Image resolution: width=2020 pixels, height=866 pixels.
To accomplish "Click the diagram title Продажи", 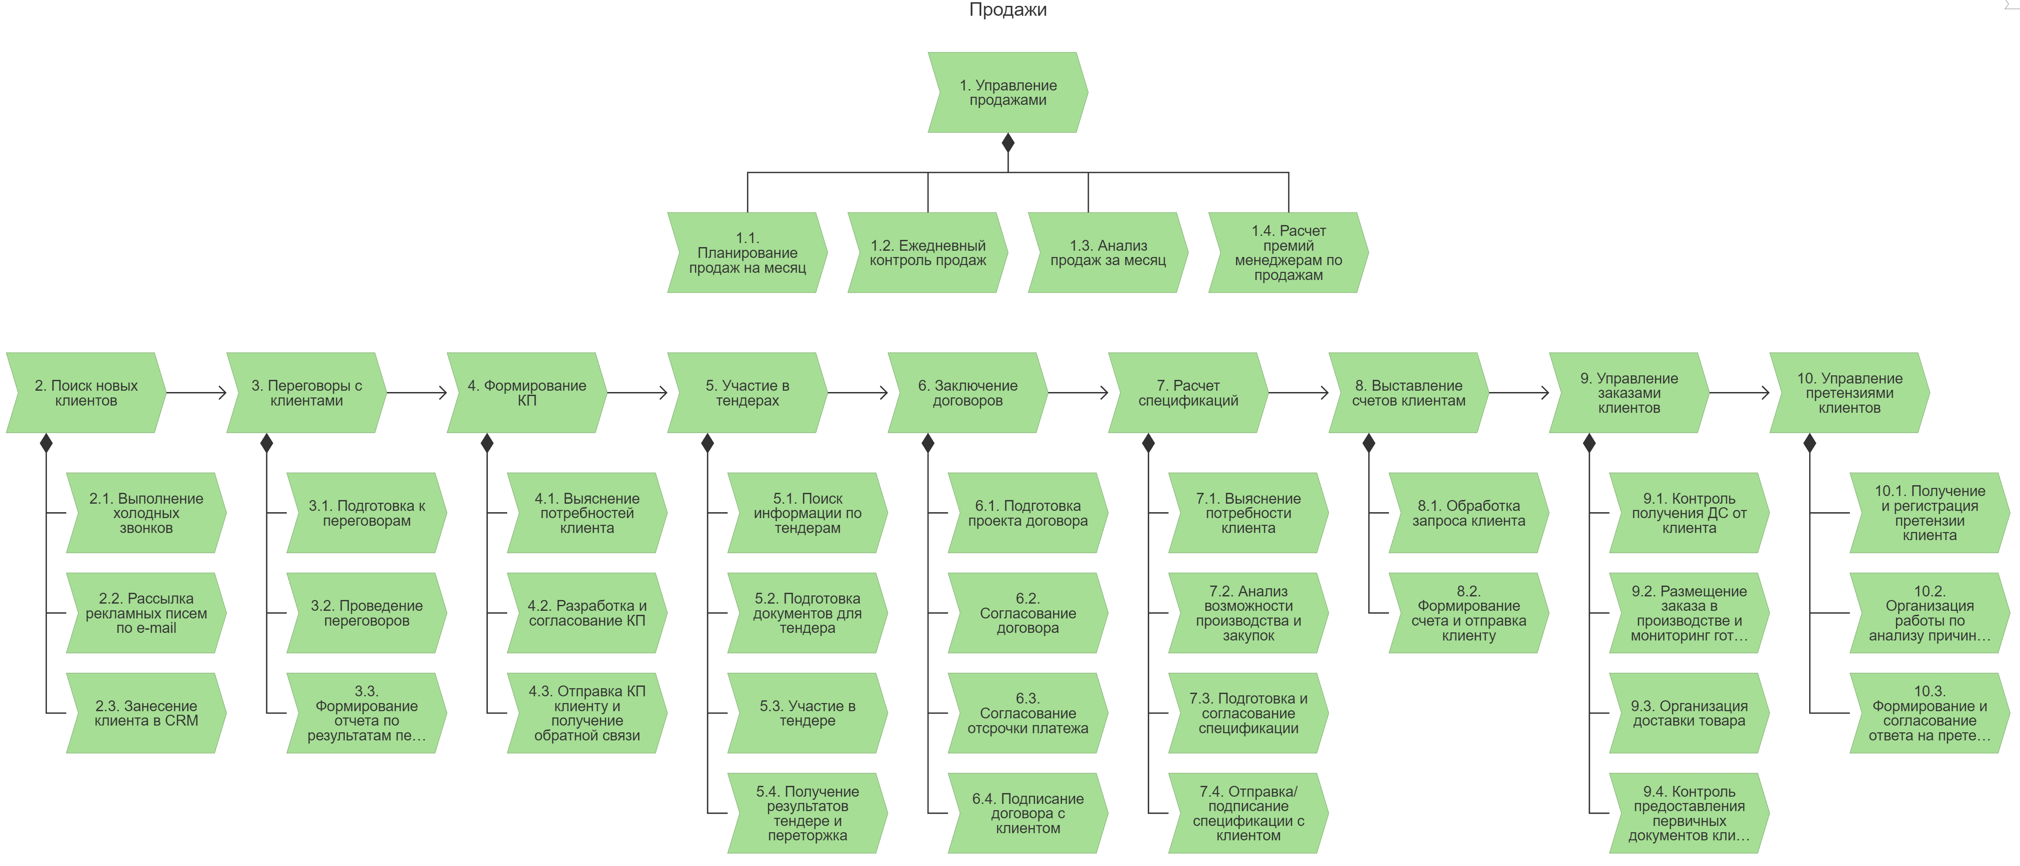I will (1008, 10).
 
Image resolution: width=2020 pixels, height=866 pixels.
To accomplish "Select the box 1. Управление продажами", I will (1008, 92).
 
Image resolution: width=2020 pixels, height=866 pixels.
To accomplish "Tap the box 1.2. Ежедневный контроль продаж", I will (928, 253).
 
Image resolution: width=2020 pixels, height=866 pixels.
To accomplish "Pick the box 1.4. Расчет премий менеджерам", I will (1288, 253).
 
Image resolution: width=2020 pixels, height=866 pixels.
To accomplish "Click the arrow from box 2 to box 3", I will (196, 392).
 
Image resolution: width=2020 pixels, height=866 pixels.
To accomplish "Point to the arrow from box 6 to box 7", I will (1078, 392).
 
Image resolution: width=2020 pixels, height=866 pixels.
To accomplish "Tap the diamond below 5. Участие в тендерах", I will (707, 444).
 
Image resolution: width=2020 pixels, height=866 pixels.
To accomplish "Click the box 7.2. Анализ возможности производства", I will (1248, 613).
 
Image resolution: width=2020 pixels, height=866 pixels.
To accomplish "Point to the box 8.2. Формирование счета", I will (1469, 613).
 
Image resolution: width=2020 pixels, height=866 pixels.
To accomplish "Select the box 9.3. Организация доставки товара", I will (1689, 713).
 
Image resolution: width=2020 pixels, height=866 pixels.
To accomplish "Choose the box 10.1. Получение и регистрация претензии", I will (1929, 513).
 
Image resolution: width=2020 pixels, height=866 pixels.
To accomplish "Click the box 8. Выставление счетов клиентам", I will (1408, 392).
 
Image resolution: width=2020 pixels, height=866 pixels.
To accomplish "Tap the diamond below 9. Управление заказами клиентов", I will (1589, 444).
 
